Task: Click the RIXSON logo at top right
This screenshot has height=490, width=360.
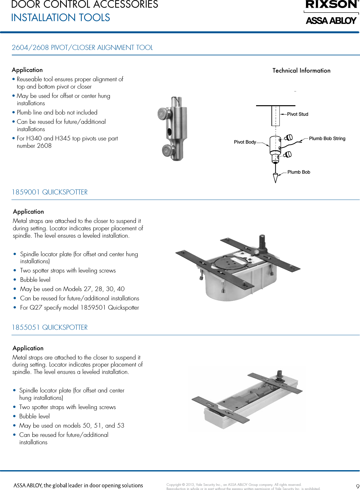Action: click(332, 4)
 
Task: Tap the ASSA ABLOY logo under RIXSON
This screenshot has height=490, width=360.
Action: click(331, 21)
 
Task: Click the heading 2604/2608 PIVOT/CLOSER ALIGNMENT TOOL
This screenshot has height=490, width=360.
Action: click(82, 48)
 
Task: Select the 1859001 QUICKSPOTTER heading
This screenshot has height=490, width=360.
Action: click(50, 192)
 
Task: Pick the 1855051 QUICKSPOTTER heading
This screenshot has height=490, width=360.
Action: click(50, 328)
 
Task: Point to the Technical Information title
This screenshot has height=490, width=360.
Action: click(301, 71)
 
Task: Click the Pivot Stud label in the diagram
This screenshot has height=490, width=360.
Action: click(297, 114)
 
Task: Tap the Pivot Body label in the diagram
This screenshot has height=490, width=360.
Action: click(245, 142)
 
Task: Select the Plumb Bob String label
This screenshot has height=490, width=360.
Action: click(327, 138)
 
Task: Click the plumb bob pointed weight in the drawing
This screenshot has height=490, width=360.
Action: click(275, 178)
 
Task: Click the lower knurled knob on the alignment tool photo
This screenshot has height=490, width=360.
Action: click(168, 151)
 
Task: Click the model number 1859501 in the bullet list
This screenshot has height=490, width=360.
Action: click(93, 308)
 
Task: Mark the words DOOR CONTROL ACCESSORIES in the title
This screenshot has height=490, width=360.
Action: click(84, 4)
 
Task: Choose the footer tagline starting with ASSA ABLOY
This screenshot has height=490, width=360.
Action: click(78, 485)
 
